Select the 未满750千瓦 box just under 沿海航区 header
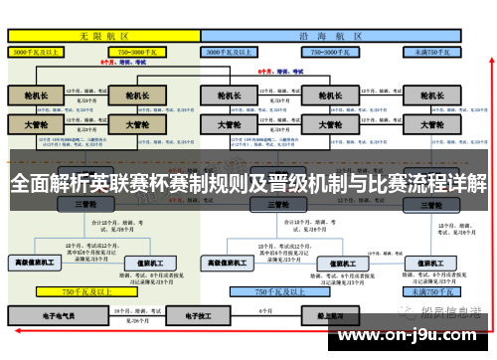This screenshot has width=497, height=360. [433, 49]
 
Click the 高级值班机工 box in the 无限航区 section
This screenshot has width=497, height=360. [37, 264]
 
